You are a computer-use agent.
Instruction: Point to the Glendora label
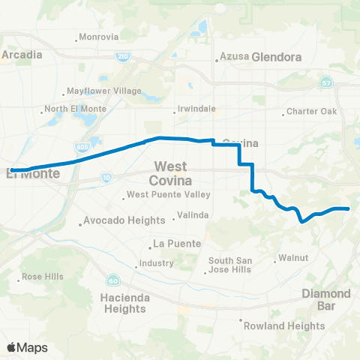point(277,57)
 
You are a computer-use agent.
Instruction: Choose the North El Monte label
point(73,109)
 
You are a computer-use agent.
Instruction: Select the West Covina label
point(172,173)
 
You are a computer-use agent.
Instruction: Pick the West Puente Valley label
point(168,196)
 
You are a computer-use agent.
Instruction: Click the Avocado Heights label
point(124,220)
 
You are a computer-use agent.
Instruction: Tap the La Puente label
point(173,244)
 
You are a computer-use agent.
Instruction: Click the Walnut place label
point(295,257)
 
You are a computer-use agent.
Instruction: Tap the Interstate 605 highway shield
point(81,147)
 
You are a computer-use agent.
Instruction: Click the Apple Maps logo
point(26,347)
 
